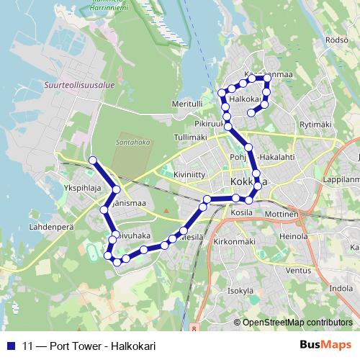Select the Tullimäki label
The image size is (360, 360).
pos(191,137)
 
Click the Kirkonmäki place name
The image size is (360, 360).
pos(233,243)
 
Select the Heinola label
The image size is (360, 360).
pos(293,235)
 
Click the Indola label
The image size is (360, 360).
pos(341,288)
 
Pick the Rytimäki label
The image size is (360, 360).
pos(314,125)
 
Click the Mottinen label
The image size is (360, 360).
pos(282,215)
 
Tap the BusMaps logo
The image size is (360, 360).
pos(325,345)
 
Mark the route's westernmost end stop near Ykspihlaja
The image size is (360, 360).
pos(92,160)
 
